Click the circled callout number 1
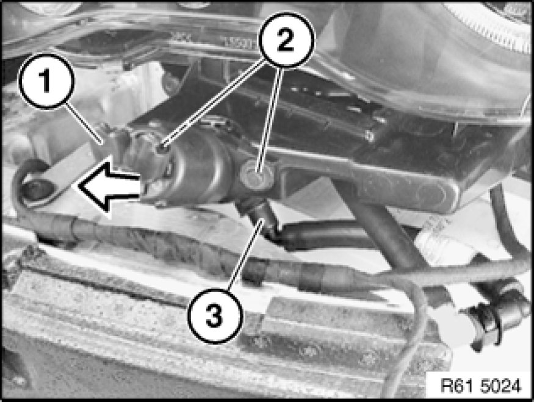point(46,81)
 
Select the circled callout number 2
point(286,40)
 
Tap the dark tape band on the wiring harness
point(312,278)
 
